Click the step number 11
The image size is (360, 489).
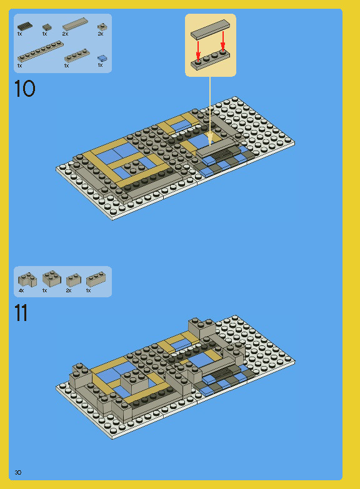[x=21, y=312]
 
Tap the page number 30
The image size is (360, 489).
[x=19, y=471]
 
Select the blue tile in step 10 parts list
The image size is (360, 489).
[x=102, y=59]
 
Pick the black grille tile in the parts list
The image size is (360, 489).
[x=25, y=26]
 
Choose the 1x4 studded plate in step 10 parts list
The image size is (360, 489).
[x=76, y=56]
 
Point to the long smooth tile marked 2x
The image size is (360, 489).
[x=75, y=26]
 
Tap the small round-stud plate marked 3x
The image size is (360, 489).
[x=102, y=27]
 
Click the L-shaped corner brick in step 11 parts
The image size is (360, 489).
[x=27, y=279]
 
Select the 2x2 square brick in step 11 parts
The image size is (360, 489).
[x=51, y=279]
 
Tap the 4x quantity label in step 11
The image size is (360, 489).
[x=21, y=290]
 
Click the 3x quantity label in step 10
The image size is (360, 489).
[x=100, y=34]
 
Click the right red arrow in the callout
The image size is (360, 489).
[x=222, y=44]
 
